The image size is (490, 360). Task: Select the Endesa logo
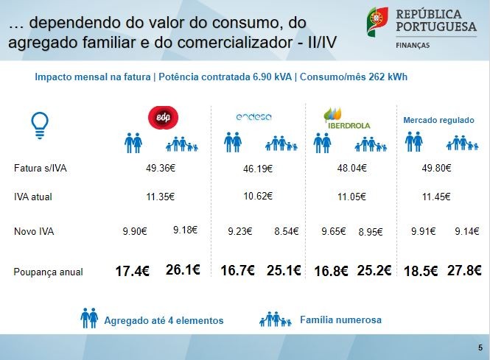pos(254,117)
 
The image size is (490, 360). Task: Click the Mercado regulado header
pos(438,119)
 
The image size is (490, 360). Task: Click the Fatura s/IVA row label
pos(40,169)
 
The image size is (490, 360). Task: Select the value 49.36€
pos(160,168)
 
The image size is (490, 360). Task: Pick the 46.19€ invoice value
pos(257,169)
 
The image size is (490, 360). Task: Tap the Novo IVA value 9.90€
pos(135,231)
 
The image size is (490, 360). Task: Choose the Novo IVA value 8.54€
pos(287,231)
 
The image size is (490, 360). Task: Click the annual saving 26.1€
pos(183,270)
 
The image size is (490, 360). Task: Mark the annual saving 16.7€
pos(237,271)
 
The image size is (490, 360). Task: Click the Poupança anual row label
pos(48,272)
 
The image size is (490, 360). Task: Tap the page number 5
pos(480,347)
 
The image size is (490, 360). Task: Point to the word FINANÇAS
pos(415,44)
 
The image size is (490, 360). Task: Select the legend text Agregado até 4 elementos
pos(164,320)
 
